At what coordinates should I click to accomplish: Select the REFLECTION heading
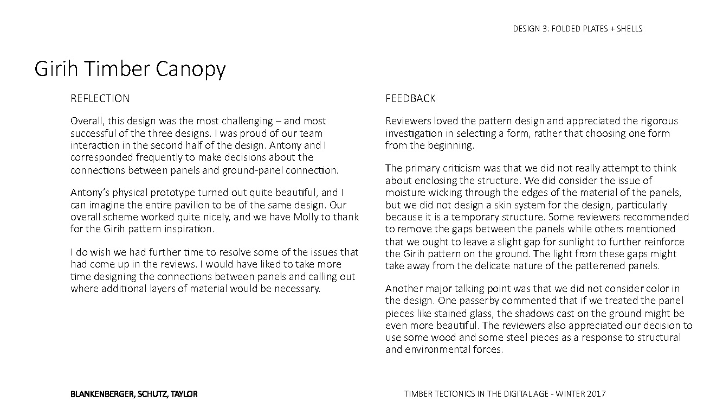pos(100,98)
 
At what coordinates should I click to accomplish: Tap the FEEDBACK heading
pos(410,98)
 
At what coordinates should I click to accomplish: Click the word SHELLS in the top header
pos(630,29)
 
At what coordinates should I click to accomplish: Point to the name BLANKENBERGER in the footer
pos(101,394)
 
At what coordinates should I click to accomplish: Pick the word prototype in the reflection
pos(175,193)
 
